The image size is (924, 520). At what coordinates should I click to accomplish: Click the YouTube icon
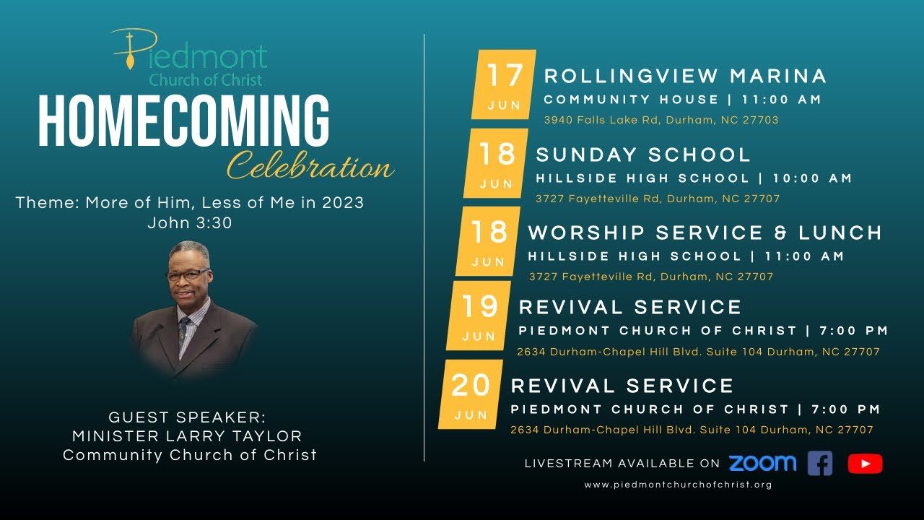click(865, 464)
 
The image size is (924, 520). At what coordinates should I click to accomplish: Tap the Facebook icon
click(820, 463)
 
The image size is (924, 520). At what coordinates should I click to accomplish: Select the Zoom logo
click(762, 463)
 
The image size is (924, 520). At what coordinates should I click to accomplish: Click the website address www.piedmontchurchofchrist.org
click(678, 485)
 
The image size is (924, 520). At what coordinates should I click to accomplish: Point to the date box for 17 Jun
click(504, 84)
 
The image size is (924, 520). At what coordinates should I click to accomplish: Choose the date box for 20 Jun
click(471, 394)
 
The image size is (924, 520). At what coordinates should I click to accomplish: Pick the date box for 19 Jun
click(479, 316)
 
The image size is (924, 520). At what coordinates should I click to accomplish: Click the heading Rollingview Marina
click(685, 76)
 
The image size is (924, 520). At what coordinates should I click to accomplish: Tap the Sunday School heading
click(643, 155)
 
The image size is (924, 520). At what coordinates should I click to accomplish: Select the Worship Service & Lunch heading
click(705, 233)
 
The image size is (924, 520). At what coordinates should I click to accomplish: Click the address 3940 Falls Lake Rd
click(661, 120)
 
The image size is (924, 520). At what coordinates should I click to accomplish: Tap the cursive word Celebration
click(310, 168)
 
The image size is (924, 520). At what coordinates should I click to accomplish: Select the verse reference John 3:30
click(190, 223)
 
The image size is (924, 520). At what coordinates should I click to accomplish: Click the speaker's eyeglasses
click(189, 274)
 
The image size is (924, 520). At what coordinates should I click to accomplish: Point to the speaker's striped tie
click(183, 332)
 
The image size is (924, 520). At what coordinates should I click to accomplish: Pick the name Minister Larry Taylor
click(187, 436)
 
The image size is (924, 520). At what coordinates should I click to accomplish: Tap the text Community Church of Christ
click(190, 455)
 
